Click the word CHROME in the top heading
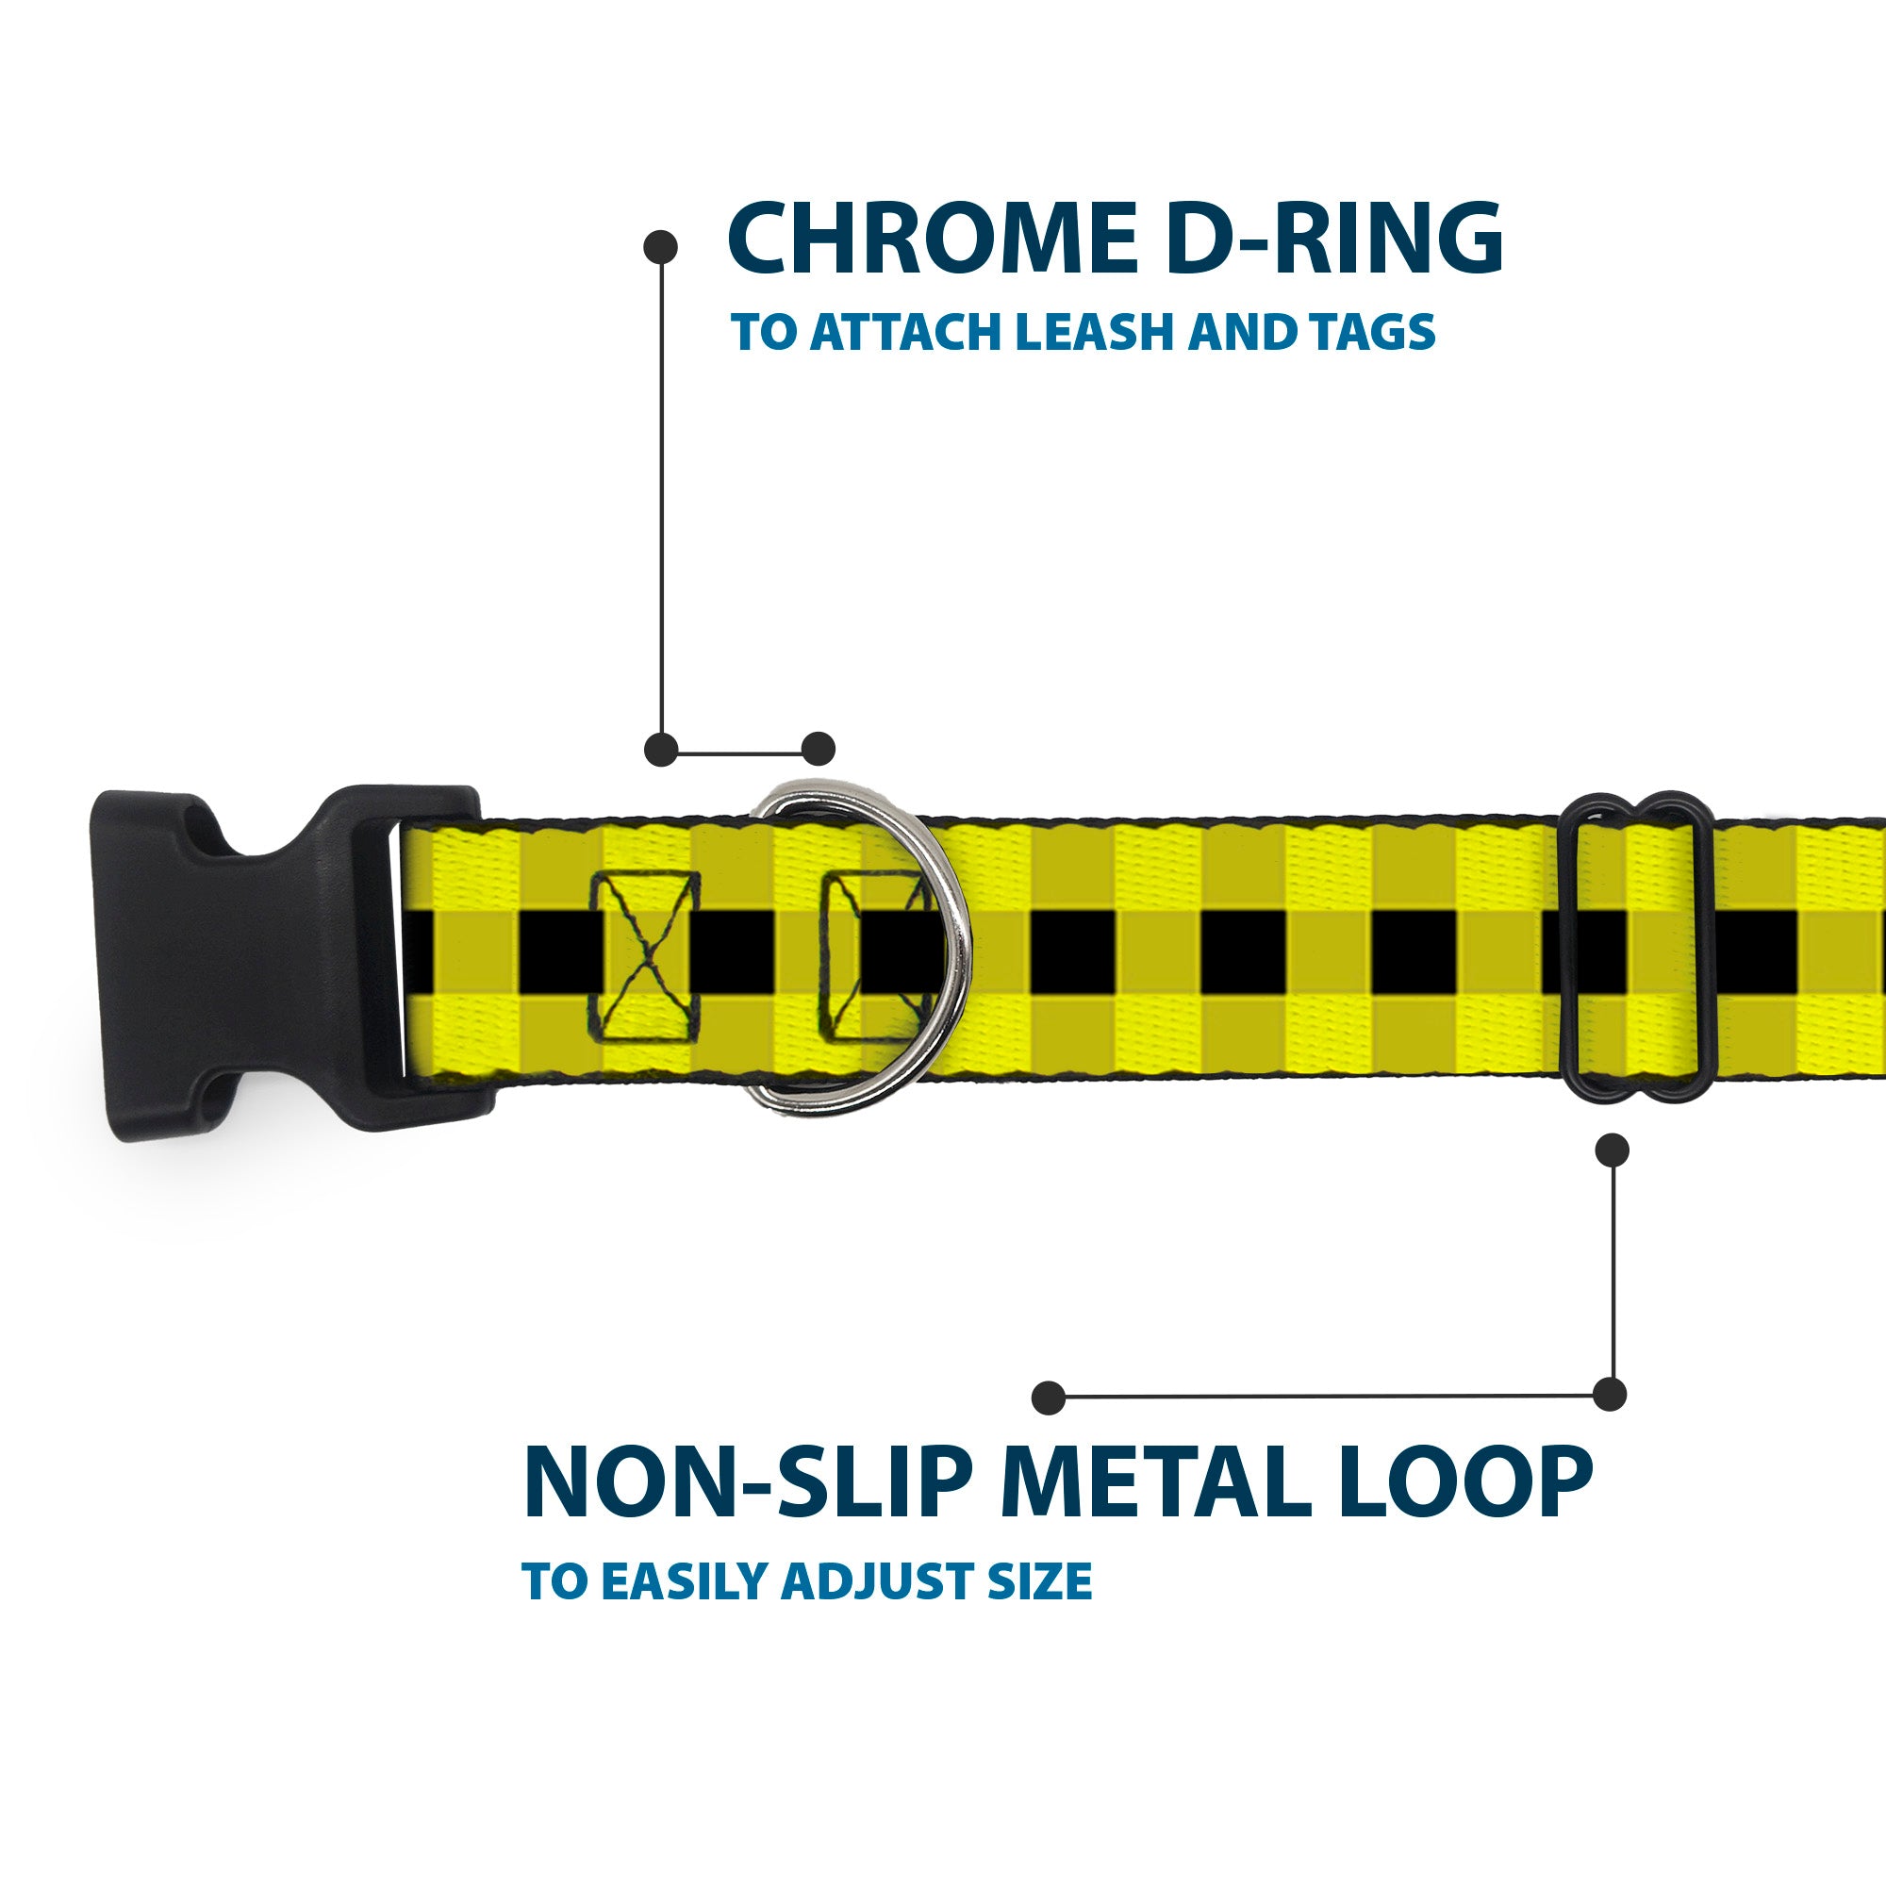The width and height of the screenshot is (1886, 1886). pyautogui.click(x=933, y=240)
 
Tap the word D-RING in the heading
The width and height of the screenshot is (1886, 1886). pyautogui.click(x=1332, y=240)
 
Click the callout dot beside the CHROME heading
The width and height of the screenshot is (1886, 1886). pyautogui.click(x=661, y=247)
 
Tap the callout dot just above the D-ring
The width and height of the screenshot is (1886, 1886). pyautogui.click(x=818, y=749)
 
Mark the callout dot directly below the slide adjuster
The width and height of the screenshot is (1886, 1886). pyautogui.click(x=1612, y=1150)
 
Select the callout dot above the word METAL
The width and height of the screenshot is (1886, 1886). pyautogui.click(x=1049, y=1397)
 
